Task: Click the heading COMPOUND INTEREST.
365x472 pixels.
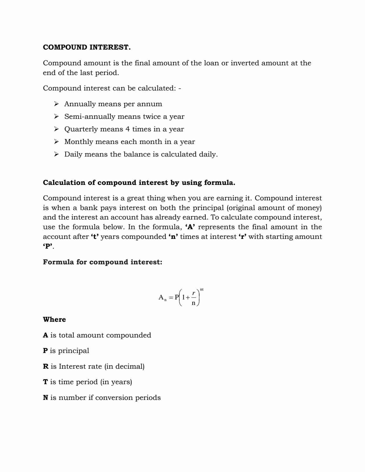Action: pyautogui.click(x=87, y=47)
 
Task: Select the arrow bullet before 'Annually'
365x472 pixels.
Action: pyautogui.click(x=56, y=104)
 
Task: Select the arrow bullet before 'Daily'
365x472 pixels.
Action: pyautogui.click(x=56, y=154)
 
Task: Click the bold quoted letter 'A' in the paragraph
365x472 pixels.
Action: pyautogui.click(x=190, y=227)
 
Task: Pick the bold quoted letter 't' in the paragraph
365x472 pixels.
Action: pyautogui.click(x=95, y=237)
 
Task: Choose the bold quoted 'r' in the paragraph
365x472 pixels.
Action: pyautogui.click(x=242, y=237)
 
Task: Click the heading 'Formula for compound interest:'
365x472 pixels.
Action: pyautogui.click(x=103, y=262)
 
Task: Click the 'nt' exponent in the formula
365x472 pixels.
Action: pyautogui.click(x=202, y=289)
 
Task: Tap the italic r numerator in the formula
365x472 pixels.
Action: pyautogui.click(x=194, y=293)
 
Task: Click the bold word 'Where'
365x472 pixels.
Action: pyautogui.click(x=54, y=320)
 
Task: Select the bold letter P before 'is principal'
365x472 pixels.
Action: pyautogui.click(x=45, y=351)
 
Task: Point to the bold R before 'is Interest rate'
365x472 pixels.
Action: pyautogui.click(x=46, y=367)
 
